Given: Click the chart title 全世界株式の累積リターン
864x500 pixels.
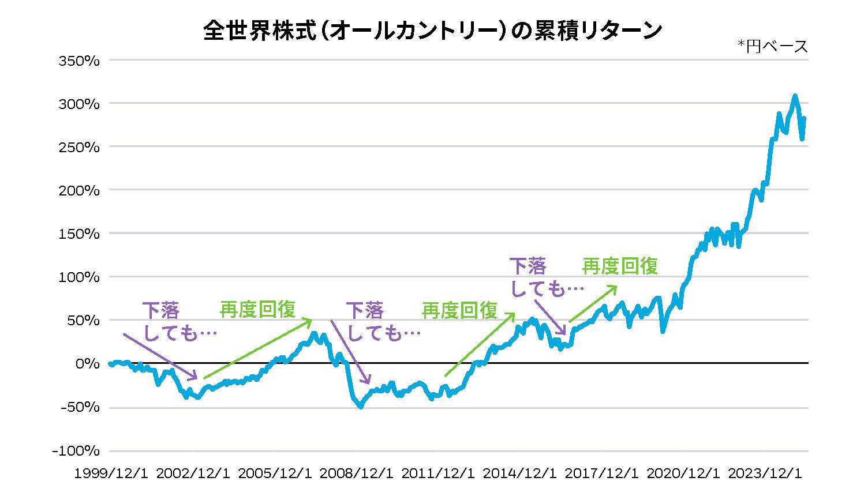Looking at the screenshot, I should [x=432, y=31].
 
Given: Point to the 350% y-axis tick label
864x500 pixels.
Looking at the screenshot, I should [x=79, y=60].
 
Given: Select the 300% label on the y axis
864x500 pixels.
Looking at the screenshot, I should [x=79, y=104].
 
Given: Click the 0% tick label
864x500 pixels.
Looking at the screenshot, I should [x=87, y=364].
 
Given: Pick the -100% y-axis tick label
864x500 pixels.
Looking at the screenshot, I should [x=76, y=451].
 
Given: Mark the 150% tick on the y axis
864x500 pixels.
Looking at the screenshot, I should [x=79, y=234].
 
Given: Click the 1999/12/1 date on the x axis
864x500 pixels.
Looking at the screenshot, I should [x=111, y=473].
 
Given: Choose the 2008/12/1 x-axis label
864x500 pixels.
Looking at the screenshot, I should [x=357, y=473].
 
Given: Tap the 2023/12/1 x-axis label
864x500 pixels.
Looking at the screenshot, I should [x=765, y=473].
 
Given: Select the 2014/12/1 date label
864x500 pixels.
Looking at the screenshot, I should [x=520, y=473].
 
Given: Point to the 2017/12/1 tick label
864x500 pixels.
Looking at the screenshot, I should [x=602, y=473].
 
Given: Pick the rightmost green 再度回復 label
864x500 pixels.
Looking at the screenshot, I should [x=619, y=266].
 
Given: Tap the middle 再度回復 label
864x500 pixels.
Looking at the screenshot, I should [x=459, y=311].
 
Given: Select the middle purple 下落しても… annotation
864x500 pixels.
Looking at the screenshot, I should [x=382, y=322].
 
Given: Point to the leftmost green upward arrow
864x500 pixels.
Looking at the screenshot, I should [x=257, y=349].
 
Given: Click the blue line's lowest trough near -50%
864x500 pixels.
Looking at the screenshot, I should [x=361, y=407].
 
